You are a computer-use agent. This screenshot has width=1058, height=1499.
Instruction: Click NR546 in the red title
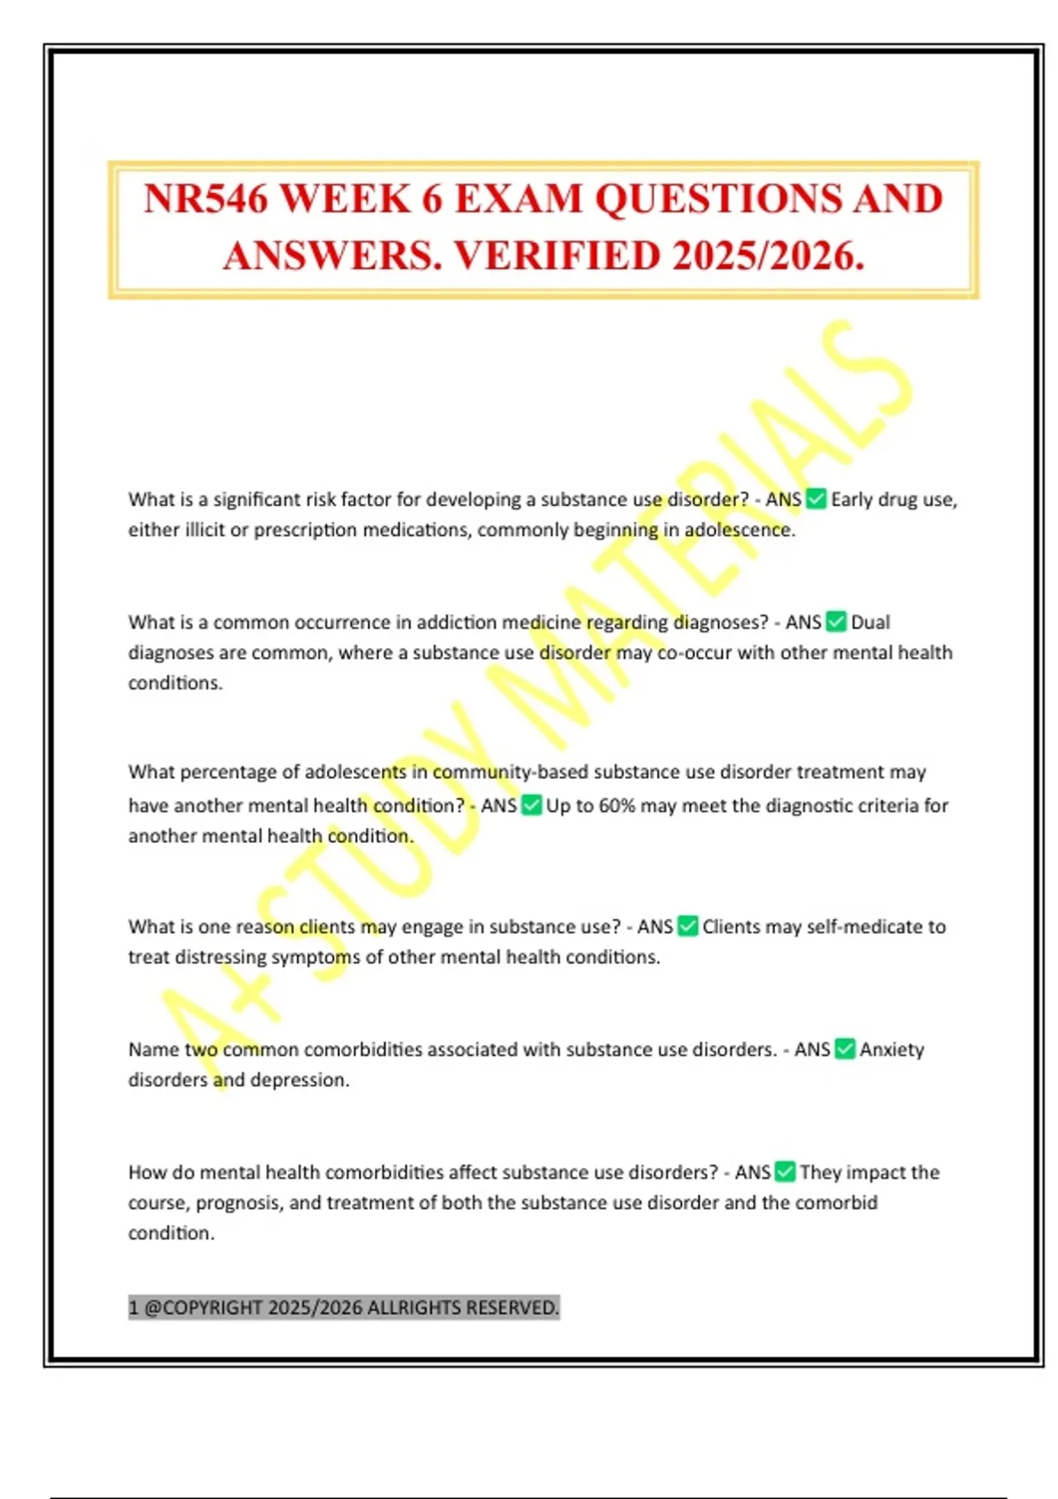[205, 199]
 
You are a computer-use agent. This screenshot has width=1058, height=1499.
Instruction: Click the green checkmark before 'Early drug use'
[816, 499]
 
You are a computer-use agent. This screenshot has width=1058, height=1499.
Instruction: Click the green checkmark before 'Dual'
[837, 622]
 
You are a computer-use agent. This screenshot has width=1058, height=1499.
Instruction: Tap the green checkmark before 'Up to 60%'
[532, 805]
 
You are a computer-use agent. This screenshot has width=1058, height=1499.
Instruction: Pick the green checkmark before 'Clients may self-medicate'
[688, 926]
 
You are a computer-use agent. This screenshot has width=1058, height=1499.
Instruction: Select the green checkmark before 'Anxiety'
[845, 1048]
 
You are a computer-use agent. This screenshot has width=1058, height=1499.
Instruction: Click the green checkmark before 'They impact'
[785, 1172]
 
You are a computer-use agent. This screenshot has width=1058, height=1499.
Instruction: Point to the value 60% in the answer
[617, 805]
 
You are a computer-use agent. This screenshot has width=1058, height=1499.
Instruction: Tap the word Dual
[870, 622]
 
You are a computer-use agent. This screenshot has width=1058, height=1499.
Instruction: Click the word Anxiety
[892, 1048]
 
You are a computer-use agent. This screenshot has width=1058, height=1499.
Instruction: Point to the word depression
[299, 1079]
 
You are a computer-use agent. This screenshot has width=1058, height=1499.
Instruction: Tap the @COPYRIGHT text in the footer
[203, 1307]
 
